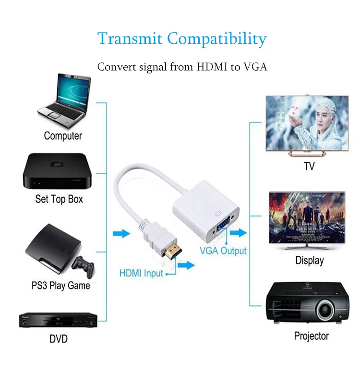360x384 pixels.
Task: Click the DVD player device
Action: tap(58, 320)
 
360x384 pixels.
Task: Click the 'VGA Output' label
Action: tap(223, 251)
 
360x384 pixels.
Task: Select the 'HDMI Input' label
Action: tap(141, 274)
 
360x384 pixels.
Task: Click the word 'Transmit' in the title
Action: tap(130, 38)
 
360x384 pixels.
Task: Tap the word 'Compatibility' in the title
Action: tap(216, 38)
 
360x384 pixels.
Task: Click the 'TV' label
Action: tap(309, 167)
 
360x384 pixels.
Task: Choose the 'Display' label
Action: tap(309, 261)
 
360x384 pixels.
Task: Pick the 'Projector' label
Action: tap(311, 336)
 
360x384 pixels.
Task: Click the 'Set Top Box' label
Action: tap(59, 199)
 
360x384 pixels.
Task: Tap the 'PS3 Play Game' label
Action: tap(60, 286)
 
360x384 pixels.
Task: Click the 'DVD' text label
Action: tap(59, 339)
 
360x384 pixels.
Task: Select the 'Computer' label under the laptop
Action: tap(63, 136)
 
